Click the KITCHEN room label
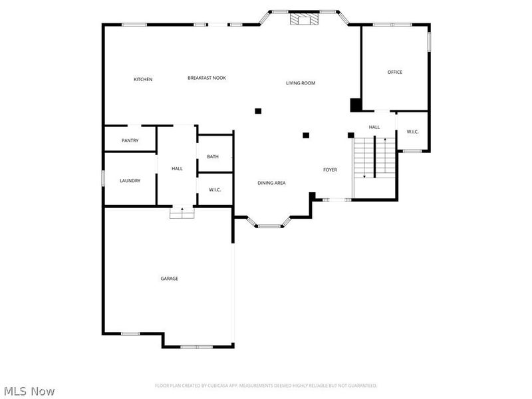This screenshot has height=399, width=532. [143, 79]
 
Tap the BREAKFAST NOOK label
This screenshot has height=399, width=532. [206, 78]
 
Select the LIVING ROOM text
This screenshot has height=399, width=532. [301, 83]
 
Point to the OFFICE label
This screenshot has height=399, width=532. [395, 72]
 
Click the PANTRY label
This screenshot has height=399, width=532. [130, 140]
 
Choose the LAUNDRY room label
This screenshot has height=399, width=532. [130, 180]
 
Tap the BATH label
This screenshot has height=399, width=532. [213, 156]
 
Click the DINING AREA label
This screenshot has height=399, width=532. [271, 182]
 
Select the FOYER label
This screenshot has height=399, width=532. [330, 170]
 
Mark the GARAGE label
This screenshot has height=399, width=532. [169, 279]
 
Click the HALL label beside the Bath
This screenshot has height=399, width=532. [177, 169]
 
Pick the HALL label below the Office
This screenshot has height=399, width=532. [374, 127]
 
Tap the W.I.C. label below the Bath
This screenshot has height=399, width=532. [215, 190]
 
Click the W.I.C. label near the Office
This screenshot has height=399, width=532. [412, 132]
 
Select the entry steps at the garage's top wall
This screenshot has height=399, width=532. [182, 213]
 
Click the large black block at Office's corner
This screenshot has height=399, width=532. [356, 105]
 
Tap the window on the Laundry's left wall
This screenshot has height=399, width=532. [103, 179]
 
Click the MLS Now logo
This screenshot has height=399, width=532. [29, 391]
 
